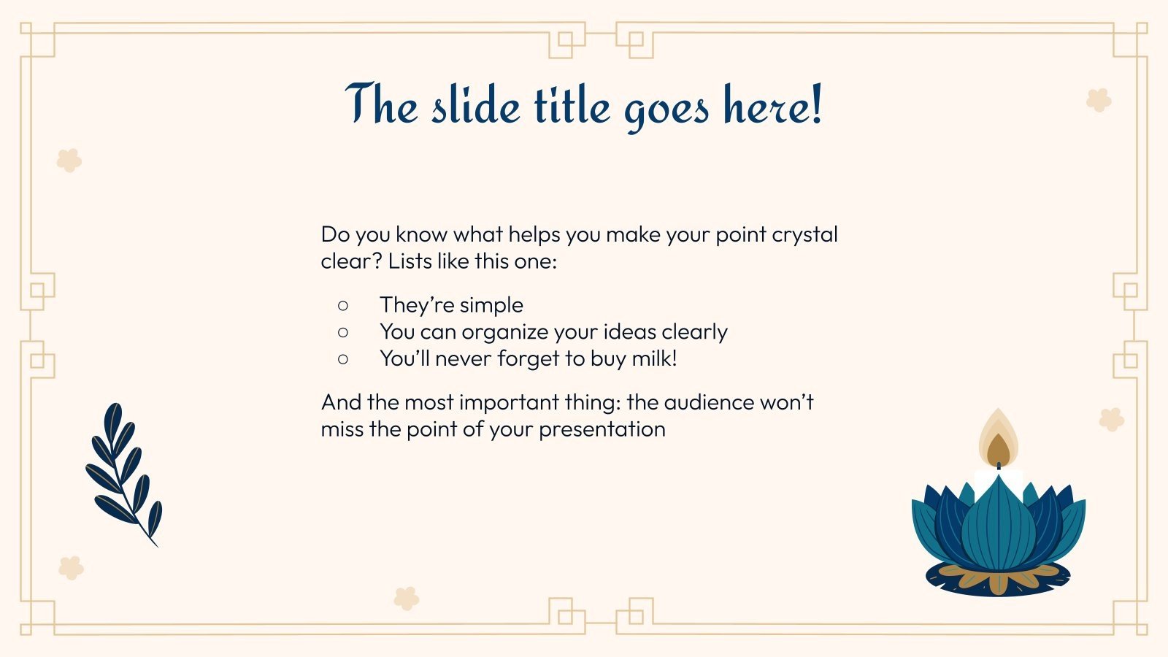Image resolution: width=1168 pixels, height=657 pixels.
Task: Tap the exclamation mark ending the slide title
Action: point(816,104)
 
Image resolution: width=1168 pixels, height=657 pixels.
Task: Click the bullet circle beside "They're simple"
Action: point(342,305)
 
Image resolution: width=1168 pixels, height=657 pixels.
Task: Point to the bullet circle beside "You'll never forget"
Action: point(342,358)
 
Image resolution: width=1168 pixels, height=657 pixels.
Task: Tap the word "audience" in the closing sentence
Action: point(709,402)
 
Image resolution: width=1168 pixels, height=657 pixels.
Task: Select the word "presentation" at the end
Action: point(602,430)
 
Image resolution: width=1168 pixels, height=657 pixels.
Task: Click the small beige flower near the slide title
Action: point(1099,100)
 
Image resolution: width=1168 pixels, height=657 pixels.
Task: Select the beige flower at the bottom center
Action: point(406,599)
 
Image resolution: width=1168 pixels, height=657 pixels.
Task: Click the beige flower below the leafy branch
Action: point(71,568)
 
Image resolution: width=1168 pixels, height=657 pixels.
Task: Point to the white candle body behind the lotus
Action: point(998,483)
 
